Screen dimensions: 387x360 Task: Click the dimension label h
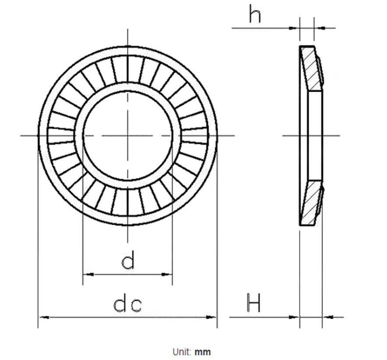point(255,14)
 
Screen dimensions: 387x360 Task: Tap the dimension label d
point(128,260)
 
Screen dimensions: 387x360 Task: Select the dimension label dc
point(128,305)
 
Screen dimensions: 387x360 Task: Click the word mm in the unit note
point(202,352)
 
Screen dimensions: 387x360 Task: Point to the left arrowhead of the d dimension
point(89,274)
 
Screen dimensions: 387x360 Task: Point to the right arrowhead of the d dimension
point(167,274)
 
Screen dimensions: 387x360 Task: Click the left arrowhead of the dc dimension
point(44,317)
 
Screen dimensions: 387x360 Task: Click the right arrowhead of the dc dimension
point(212,317)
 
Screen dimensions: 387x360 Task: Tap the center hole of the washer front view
point(128,135)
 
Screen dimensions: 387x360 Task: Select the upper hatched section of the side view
point(312,68)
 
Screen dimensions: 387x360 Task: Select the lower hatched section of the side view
point(312,203)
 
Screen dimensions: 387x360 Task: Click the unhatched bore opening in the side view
point(315,135)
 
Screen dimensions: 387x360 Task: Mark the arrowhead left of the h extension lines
point(294,28)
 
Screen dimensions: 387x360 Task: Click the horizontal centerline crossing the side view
point(311,135)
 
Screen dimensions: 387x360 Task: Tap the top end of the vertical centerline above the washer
point(128,29)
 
